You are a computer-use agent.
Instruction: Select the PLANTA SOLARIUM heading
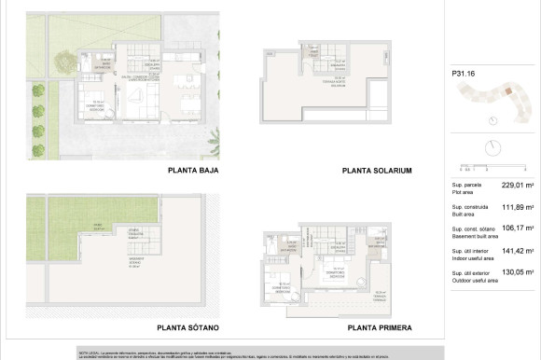377,171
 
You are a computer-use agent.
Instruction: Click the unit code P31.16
464,73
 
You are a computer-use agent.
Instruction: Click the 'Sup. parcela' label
465,186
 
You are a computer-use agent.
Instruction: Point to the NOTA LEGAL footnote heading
89,352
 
